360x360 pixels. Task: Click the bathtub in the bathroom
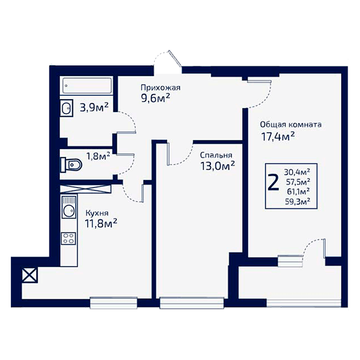point(87,86)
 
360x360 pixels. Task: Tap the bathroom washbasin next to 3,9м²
point(66,108)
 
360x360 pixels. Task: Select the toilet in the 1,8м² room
point(71,165)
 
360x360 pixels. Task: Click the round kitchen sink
point(68,210)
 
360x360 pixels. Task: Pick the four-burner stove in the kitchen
point(68,238)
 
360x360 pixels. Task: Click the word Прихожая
point(160,88)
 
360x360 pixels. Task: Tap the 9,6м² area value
point(156,99)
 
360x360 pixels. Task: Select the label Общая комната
point(291,124)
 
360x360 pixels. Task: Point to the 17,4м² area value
point(278,137)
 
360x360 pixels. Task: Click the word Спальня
point(216,155)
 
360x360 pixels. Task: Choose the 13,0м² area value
point(218,166)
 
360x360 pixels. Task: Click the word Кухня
point(97,213)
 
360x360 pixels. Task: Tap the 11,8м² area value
point(101,223)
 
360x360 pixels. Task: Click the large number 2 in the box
point(273,182)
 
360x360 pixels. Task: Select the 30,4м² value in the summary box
point(297,171)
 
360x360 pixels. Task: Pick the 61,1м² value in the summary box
point(298,191)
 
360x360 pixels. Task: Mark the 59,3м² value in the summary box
point(298,202)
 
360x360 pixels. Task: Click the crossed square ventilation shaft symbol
point(30,275)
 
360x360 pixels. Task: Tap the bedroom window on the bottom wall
point(192,302)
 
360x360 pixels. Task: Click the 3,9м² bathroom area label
point(94,107)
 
